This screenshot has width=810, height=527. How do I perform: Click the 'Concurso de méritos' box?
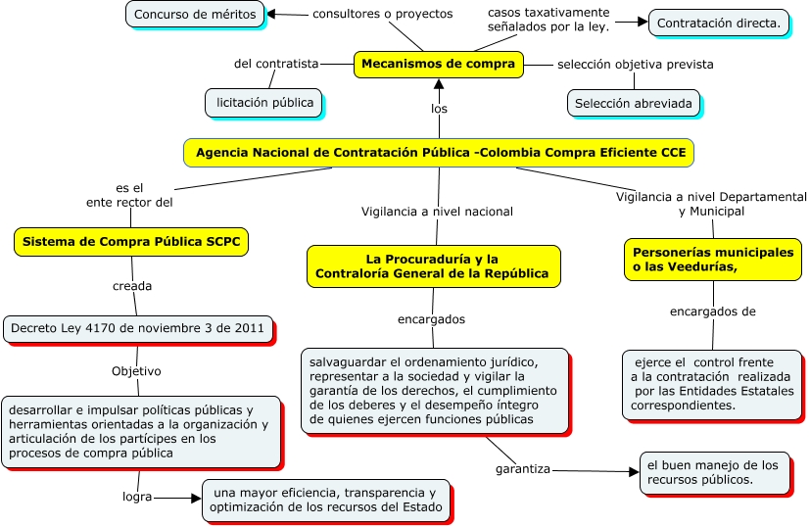tap(195, 15)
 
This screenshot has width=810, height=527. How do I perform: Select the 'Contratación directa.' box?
tap(719, 23)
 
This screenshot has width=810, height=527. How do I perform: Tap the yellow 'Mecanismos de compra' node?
tap(438, 64)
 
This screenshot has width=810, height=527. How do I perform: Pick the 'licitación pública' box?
tap(264, 102)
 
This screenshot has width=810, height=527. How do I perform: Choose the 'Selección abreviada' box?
tap(633, 103)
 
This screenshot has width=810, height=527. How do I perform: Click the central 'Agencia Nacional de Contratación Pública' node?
tap(440, 153)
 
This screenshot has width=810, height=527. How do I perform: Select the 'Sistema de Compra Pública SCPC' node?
tap(131, 241)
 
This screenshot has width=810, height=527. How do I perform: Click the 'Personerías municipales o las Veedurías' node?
tap(712, 260)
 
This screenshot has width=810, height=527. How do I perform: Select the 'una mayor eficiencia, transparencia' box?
tap(327, 500)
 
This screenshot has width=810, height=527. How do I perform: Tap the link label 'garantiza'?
tap(522, 469)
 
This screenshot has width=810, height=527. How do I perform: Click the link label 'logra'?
tap(137, 497)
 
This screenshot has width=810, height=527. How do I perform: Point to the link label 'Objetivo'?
tap(136, 371)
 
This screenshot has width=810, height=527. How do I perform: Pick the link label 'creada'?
tap(132, 286)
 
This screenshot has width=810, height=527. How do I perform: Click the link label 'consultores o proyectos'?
tap(382, 15)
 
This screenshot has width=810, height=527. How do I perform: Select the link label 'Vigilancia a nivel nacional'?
tap(437, 211)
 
